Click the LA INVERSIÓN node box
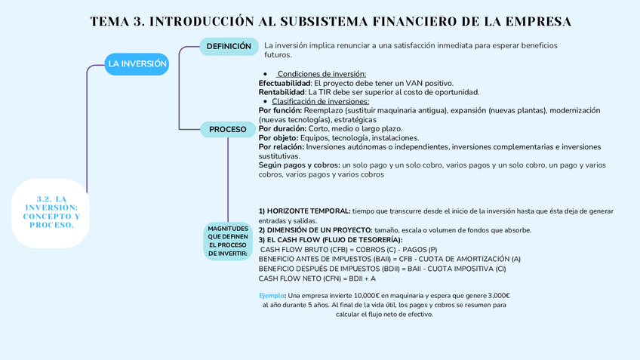(x=137, y=64)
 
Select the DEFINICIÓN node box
(x=229, y=47)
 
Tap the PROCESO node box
(x=227, y=129)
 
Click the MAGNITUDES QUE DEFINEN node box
(x=227, y=241)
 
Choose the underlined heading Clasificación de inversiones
(x=320, y=101)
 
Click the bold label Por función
(x=281, y=110)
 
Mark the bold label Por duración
(x=282, y=129)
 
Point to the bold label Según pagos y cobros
(x=299, y=165)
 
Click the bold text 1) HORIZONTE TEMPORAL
(x=304, y=211)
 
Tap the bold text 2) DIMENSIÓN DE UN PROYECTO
(x=315, y=230)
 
